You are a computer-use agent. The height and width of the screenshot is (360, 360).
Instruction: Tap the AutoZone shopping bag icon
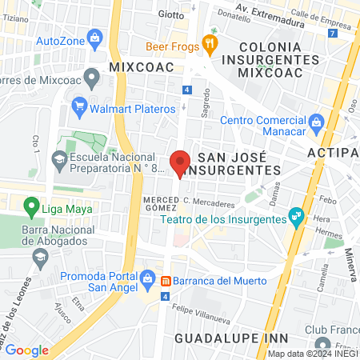click(x=96, y=37)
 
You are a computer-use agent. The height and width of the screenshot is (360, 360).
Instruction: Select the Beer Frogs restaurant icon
click(x=210, y=45)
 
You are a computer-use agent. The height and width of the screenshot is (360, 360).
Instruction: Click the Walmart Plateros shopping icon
click(x=78, y=106)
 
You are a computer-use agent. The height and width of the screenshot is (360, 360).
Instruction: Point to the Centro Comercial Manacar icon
click(x=316, y=122)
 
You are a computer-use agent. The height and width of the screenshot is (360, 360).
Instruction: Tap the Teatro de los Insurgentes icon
click(x=296, y=215)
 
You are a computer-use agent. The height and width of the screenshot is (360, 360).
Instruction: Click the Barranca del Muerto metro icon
click(x=166, y=281)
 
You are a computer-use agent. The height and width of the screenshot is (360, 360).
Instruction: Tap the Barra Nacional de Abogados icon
click(x=38, y=257)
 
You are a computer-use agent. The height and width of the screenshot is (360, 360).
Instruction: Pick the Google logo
click(x=26, y=350)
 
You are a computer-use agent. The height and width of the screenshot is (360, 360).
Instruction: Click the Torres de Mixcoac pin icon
click(x=91, y=78)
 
